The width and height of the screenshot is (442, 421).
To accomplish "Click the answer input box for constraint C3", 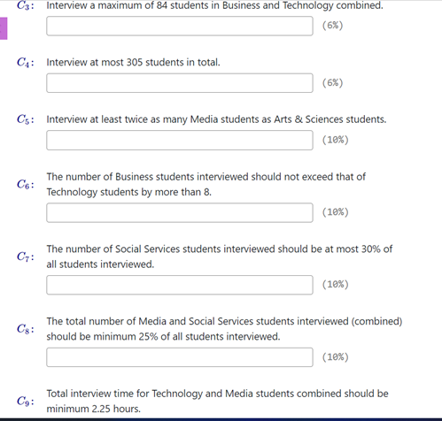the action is [179, 26].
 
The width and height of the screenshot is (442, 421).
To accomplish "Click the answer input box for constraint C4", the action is [179, 83].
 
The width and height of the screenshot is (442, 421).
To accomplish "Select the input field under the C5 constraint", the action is [179, 140].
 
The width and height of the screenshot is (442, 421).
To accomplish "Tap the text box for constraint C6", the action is [179, 212].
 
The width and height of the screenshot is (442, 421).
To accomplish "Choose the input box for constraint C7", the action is [179, 285].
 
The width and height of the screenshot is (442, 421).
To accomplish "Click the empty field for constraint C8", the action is [179, 357].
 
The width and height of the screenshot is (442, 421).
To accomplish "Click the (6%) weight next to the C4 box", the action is [333, 83].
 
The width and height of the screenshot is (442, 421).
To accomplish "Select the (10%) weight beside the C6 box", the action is [336, 212].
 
